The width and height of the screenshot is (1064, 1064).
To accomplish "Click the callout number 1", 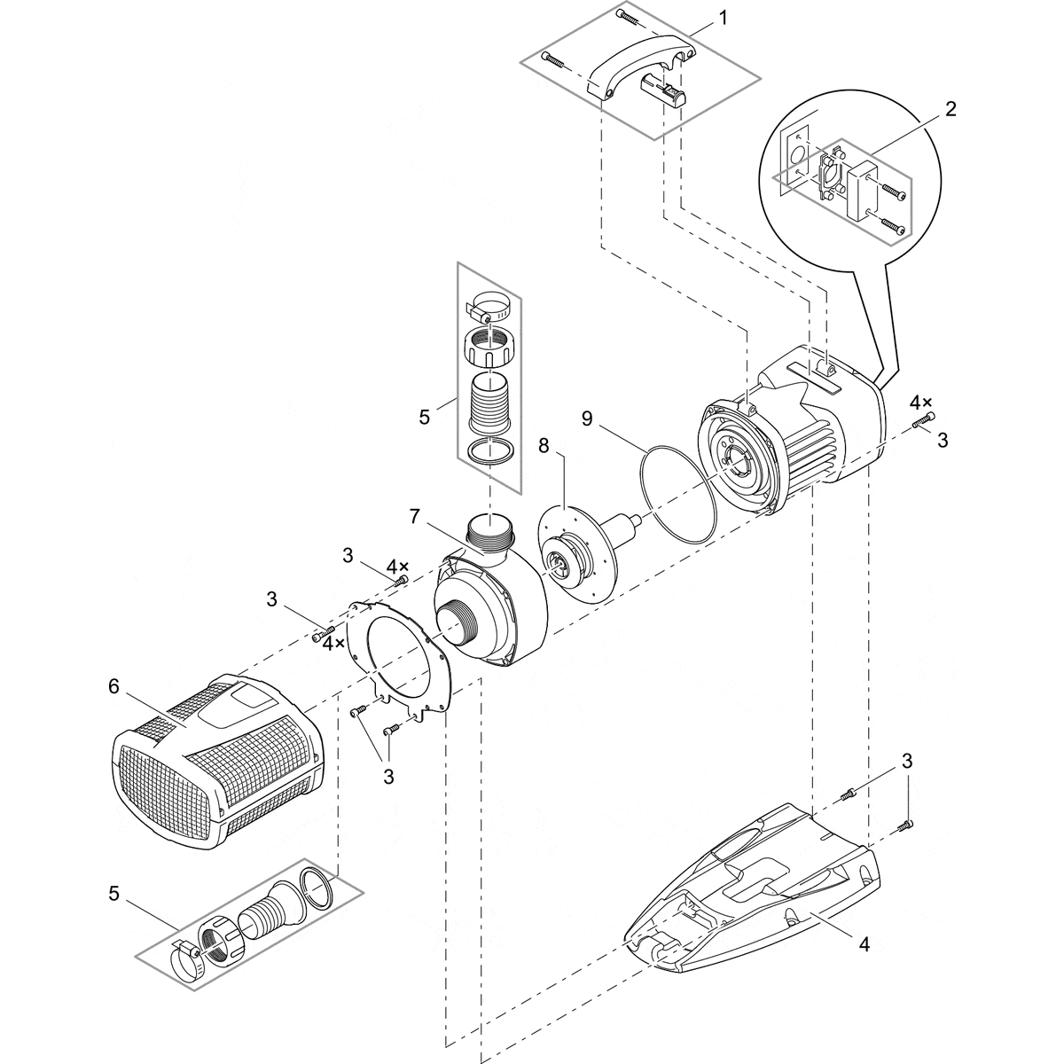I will pos(724,18).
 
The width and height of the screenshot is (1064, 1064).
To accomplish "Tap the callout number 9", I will pos(586,417).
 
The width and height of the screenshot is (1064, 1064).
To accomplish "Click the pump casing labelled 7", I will pos(488,603).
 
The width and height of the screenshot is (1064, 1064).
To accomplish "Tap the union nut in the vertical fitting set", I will pos(489,345).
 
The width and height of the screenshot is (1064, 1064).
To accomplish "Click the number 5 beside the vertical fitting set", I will pos(425,417).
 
